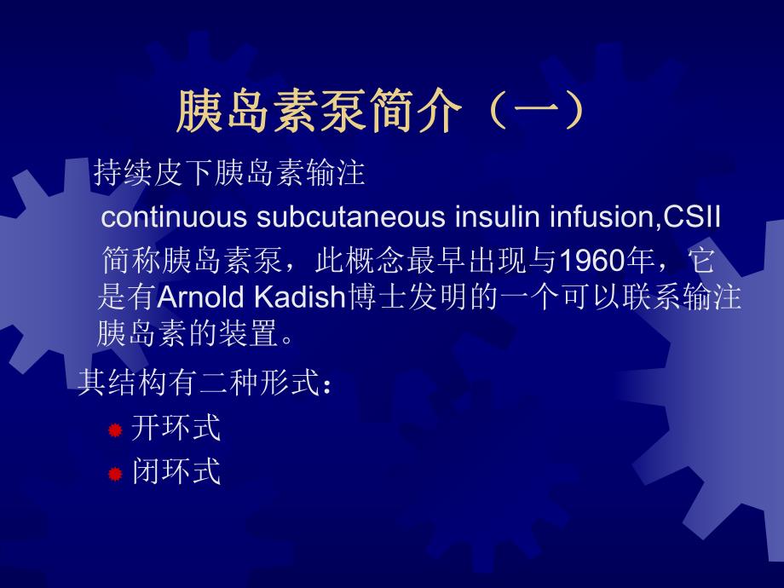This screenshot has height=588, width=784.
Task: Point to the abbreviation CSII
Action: pos(692,217)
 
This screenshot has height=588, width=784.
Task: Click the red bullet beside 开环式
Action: pos(115,430)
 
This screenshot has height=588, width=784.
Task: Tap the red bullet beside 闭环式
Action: pos(115,474)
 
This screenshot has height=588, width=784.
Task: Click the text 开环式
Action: pos(176,428)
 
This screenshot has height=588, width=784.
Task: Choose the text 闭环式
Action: pos(176,471)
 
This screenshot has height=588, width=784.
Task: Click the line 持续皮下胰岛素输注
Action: pos(229,174)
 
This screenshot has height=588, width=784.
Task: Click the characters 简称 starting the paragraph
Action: pos(130,259)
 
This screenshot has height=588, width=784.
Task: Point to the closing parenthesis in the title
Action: pos(569,112)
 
